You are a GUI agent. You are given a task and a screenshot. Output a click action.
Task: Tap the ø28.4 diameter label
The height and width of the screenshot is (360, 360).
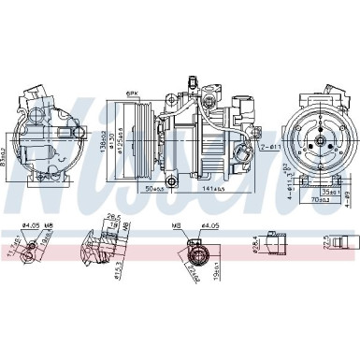pos(255,246)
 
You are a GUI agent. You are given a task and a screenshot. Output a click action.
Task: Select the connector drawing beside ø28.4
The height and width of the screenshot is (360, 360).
pos(278,242)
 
